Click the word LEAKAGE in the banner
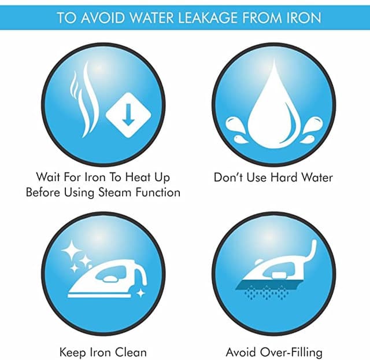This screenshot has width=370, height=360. [x=208, y=17]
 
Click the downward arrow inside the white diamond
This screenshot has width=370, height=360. [x=128, y=115]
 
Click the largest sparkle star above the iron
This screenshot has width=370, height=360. [x=71, y=250]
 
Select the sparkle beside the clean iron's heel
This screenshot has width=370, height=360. [x=141, y=293]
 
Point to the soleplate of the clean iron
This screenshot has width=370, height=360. [x=99, y=296]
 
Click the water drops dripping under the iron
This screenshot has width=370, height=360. [x=267, y=293]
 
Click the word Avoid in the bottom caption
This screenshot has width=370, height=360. [x=240, y=352]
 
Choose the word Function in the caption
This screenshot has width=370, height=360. [x=158, y=192]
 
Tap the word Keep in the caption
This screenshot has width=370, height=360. [x=73, y=352]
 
